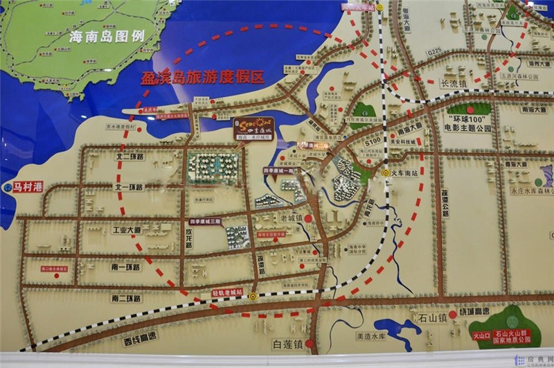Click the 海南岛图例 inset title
click(107, 35)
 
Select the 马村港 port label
click(28, 186)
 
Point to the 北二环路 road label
click(128, 157)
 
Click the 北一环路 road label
click(128, 187)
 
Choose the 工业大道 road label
click(127, 229)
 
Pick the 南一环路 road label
click(127, 266)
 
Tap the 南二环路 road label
click(126, 298)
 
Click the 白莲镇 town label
click(288, 344)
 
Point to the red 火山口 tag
click(481, 335)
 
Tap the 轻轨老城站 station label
click(227, 293)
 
